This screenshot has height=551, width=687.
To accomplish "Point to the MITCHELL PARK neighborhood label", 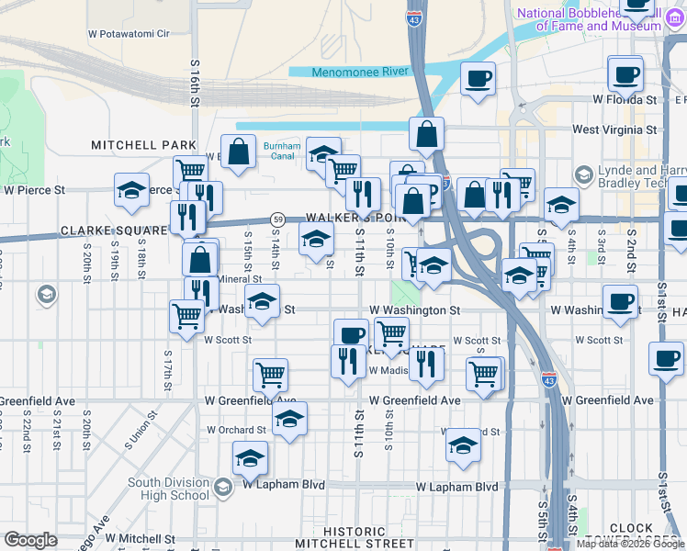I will tap(143, 145).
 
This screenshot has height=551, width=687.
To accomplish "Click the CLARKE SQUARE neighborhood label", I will tap(111, 231).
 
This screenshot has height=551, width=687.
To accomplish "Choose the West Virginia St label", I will tap(614, 129).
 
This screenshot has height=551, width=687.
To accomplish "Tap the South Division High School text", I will tap(168, 489).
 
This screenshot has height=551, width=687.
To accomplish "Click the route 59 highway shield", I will tap(276, 219).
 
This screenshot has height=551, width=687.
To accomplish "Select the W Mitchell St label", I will tap(140, 538).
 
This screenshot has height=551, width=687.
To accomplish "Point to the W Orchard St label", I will tap(236, 430).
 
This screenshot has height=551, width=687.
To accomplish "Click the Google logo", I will tap(31, 540).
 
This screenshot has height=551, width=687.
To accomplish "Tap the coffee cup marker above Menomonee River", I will tap(477, 78).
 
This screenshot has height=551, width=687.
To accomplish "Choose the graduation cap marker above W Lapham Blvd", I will tap(250, 457).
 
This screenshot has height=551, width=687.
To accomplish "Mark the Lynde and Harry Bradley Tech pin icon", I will tap(583, 174).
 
